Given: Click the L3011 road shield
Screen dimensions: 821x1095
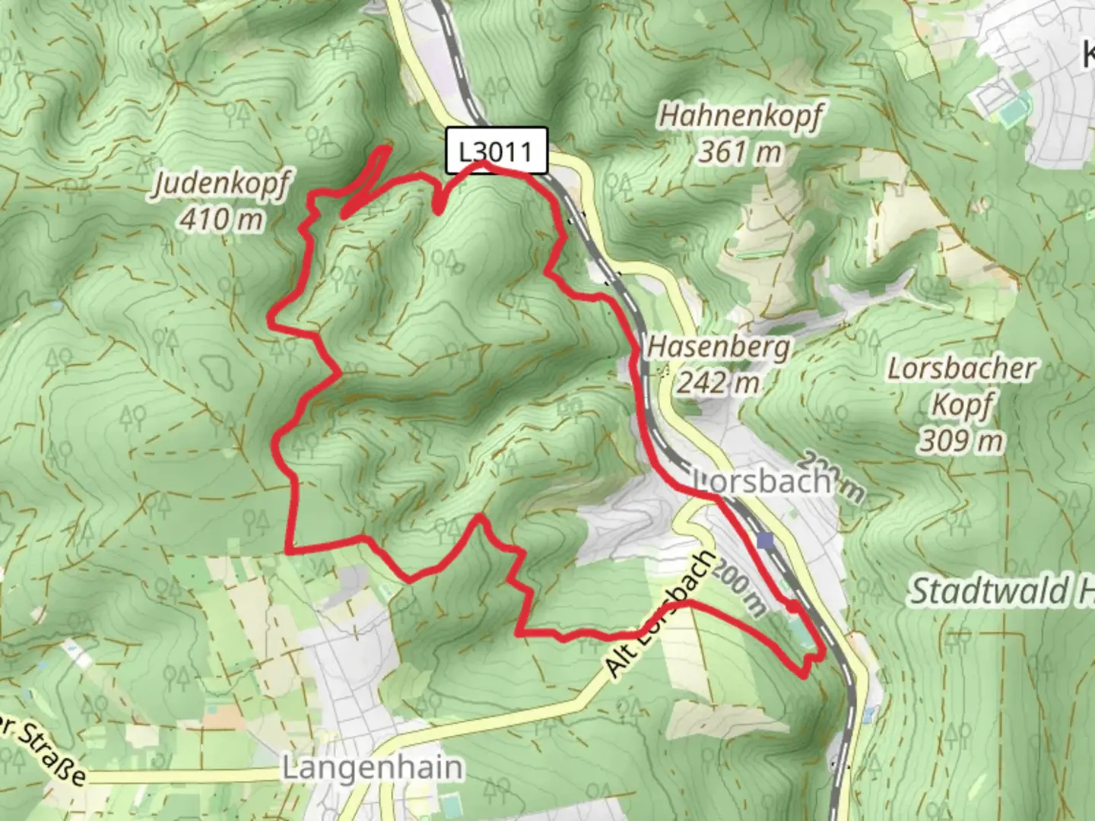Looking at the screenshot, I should (496, 151).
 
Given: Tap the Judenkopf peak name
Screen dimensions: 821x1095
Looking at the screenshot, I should (221, 185).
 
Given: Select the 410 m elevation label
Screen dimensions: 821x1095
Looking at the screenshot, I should (221, 220).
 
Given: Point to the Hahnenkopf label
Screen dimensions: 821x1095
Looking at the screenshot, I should (741, 117).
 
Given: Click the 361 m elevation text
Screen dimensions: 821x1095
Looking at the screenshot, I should (741, 152).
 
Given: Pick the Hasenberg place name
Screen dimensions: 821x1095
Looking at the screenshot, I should (719, 347).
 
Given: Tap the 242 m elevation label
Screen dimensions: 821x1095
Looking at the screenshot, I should (719, 382).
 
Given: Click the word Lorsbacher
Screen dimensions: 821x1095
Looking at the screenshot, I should (961, 369).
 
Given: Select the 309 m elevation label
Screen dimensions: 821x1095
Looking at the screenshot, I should (961, 439).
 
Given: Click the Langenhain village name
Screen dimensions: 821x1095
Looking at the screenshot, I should (372, 768).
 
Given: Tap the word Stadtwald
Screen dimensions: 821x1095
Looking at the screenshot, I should (989, 591).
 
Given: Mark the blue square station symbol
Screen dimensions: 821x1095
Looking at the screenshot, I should (765, 541).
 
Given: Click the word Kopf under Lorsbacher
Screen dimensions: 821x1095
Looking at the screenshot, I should (961, 404).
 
